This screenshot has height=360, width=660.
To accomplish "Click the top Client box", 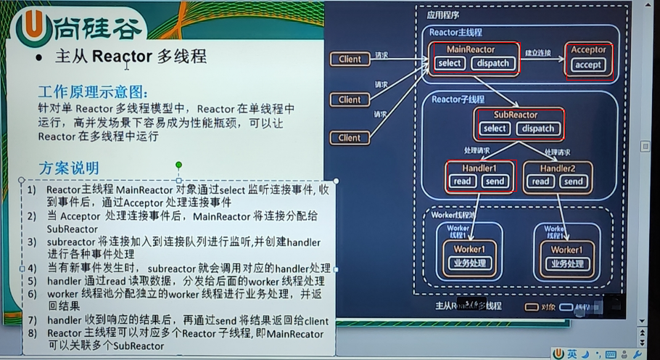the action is click(x=350, y=59).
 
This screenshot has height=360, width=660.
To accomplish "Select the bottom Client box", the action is click(x=350, y=137).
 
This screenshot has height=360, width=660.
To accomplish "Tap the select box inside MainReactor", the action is click(x=450, y=63).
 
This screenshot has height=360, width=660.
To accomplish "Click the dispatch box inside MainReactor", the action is click(x=493, y=63).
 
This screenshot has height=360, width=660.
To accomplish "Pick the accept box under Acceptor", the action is click(x=588, y=65).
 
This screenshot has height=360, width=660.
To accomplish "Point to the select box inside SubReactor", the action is click(x=495, y=128).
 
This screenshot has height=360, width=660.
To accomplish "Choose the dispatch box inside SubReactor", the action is click(x=537, y=128).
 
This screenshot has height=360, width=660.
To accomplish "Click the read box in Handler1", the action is click(x=462, y=181).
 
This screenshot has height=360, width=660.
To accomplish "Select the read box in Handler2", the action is click(x=540, y=181).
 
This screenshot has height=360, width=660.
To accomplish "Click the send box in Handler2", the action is click(x=573, y=181).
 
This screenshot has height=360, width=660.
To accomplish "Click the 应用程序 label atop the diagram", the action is click(x=442, y=15).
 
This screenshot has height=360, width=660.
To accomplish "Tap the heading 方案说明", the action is click(x=68, y=168).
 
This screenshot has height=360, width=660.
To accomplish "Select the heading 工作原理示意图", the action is click(x=93, y=93).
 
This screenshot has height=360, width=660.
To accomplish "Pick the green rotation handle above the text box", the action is click(x=178, y=165).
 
